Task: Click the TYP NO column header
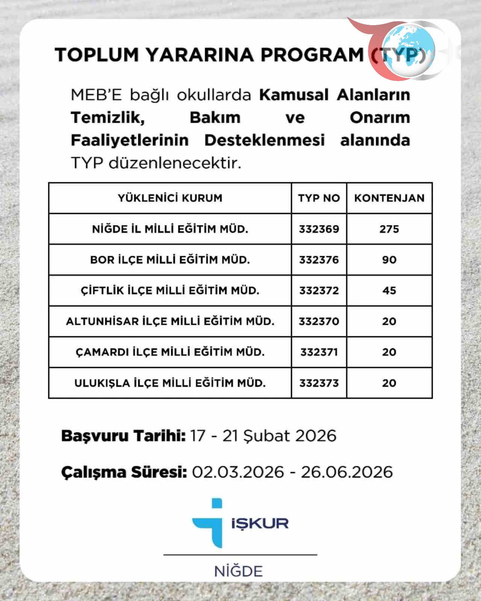point(319,198)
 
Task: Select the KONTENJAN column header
point(389,198)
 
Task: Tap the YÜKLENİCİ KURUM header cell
point(170,198)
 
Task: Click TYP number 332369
point(319,229)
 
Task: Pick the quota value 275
point(389,229)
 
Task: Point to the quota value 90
point(389,260)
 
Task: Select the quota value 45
point(389,291)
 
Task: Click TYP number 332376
point(319,260)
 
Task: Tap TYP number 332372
point(319,291)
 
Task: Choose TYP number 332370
point(319,322)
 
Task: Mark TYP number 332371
point(319,352)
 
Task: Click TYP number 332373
point(319,383)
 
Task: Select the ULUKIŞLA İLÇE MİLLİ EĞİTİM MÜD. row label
point(170,383)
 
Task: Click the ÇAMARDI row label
point(170,352)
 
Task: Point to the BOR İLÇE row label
point(170,260)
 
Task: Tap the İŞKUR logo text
point(260,523)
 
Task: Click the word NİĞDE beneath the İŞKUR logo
point(238,571)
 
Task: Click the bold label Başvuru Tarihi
point(123,436)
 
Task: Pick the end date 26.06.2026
point(346,472)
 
